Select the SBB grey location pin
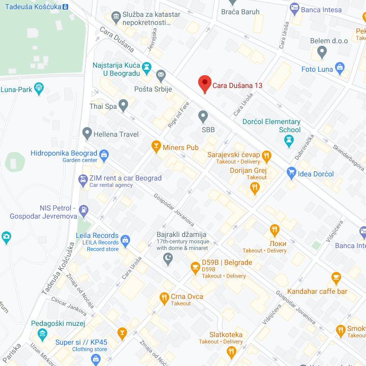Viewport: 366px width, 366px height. (x=203, y=117)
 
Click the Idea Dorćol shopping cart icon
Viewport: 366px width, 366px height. (x=291, y=173)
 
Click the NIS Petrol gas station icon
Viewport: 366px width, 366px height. (x=84, y=209)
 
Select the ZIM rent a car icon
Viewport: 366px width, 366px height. (x=83, y=179)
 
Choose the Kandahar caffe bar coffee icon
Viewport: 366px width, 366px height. (x=335, y=278)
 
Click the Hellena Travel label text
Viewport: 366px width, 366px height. (x=115, y=134)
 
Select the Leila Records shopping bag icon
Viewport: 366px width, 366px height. (x=126, y=239)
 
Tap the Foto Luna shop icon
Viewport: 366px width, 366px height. (x=340, y=68)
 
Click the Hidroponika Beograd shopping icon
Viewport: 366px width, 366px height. (x=104, y=154)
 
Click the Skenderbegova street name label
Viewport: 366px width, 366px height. (x=349, y=157)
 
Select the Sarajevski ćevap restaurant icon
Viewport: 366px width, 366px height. (x=266, y=156)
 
